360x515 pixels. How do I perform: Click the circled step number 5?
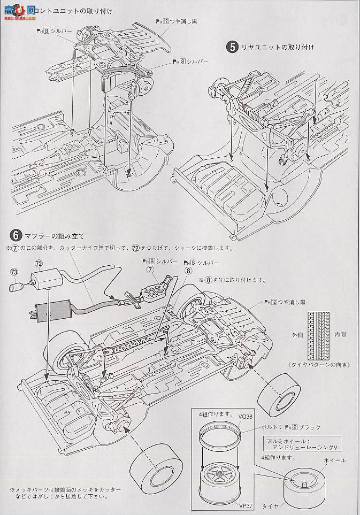coord(232,47)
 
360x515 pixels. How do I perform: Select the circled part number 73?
coord(13,272)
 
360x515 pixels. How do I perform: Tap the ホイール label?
coord(335,460)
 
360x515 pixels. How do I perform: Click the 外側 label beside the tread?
coord(298,335)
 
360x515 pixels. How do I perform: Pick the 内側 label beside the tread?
coord(340,335)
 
